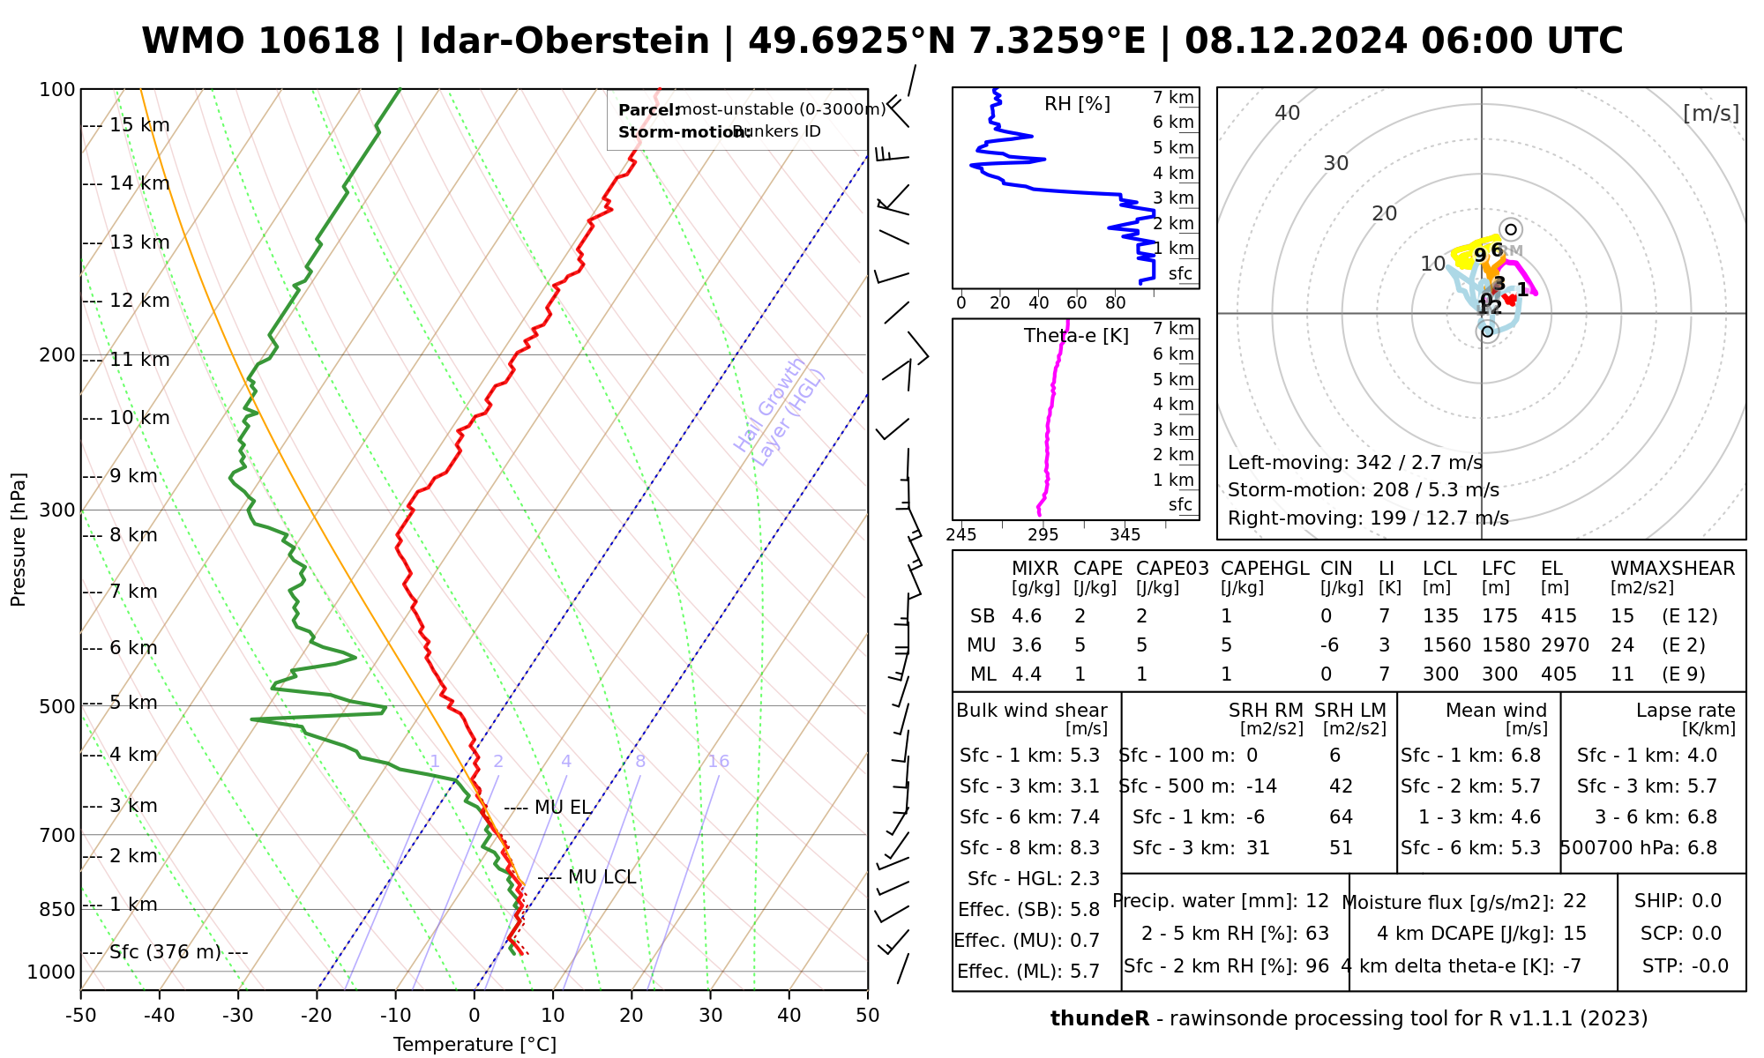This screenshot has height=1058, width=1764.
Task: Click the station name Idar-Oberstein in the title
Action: [x=564, y=41]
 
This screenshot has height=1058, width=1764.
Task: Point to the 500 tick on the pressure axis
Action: [x=57, y=706]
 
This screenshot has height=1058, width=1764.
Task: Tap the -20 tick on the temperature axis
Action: [x=317, y=1016]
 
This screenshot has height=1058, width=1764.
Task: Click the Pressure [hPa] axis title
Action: [x=18, y=540]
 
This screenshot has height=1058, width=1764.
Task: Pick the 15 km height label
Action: [x=139, y=125]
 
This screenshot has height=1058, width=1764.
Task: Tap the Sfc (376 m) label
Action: [x=168, y=952]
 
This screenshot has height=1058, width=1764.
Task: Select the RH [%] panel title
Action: [x=1077, y=104]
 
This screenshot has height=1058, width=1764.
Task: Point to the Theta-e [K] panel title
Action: [x=1076, y=336]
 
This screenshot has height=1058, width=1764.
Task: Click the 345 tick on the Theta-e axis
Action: [x=1125, y=535]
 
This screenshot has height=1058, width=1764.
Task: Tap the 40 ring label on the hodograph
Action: [x=1288, y=113]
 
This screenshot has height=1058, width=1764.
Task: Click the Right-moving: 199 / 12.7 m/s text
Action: [x=1368, y=518]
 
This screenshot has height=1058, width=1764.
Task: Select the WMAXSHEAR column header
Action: [x=1672, y=569]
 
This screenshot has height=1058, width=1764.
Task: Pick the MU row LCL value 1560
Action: [x=1446, y=645]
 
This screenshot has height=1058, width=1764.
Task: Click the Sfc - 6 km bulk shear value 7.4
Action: [x=1082, y=817]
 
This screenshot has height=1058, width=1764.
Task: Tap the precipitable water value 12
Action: [x=1317, y=901]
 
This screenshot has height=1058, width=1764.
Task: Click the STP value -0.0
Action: [x=1709, y=966]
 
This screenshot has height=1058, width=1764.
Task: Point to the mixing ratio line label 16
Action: [x=718, y=762]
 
